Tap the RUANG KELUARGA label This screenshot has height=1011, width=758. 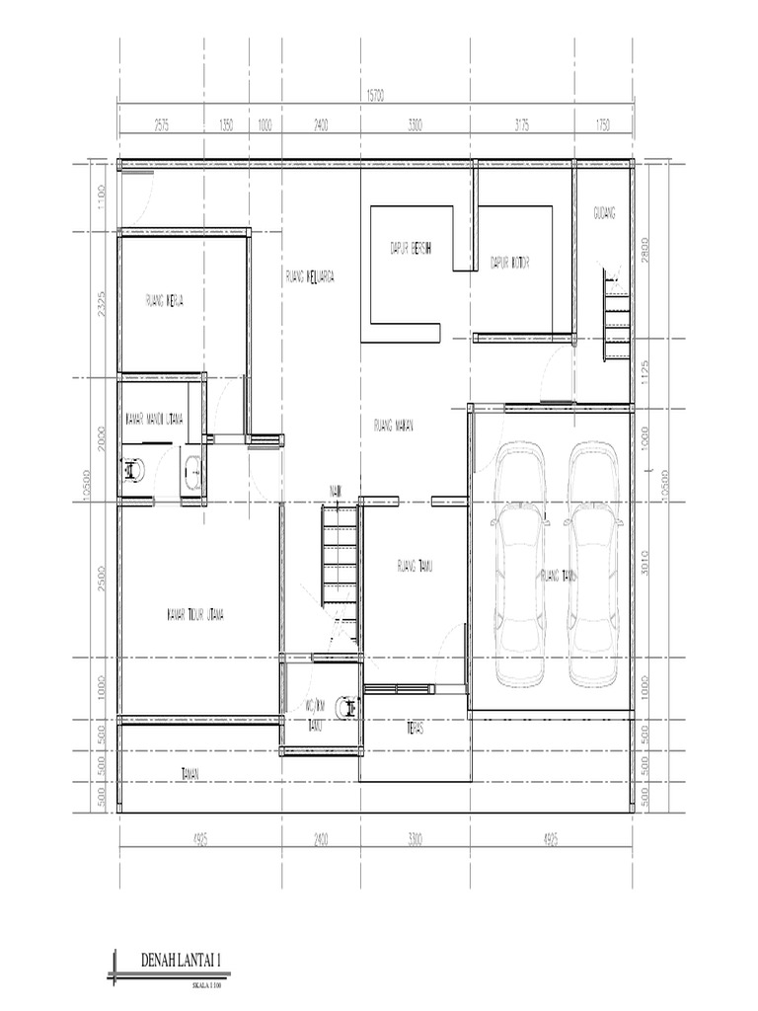[x=309, y=278]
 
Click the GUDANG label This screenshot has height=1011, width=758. [x=604, y=213]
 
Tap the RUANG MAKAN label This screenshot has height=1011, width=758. [x=393, y=427]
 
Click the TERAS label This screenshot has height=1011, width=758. [x=416, y=730]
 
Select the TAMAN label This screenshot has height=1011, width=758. [x=189, y=774]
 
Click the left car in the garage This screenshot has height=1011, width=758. [x=519, y=564]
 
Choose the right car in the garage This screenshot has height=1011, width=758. [x=592, y=564]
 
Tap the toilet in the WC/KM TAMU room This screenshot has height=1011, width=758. [x=347, y=707]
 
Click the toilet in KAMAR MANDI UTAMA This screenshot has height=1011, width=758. [x=132, y=473]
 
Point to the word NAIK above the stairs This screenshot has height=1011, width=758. [x=336, y=491]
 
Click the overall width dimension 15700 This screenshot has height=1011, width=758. [x=374, y=96]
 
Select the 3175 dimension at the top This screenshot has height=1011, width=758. [x=522, y=125]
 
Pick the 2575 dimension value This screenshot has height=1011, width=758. [x=161, y=125]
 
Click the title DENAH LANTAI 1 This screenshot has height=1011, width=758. [x=179, y=960]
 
